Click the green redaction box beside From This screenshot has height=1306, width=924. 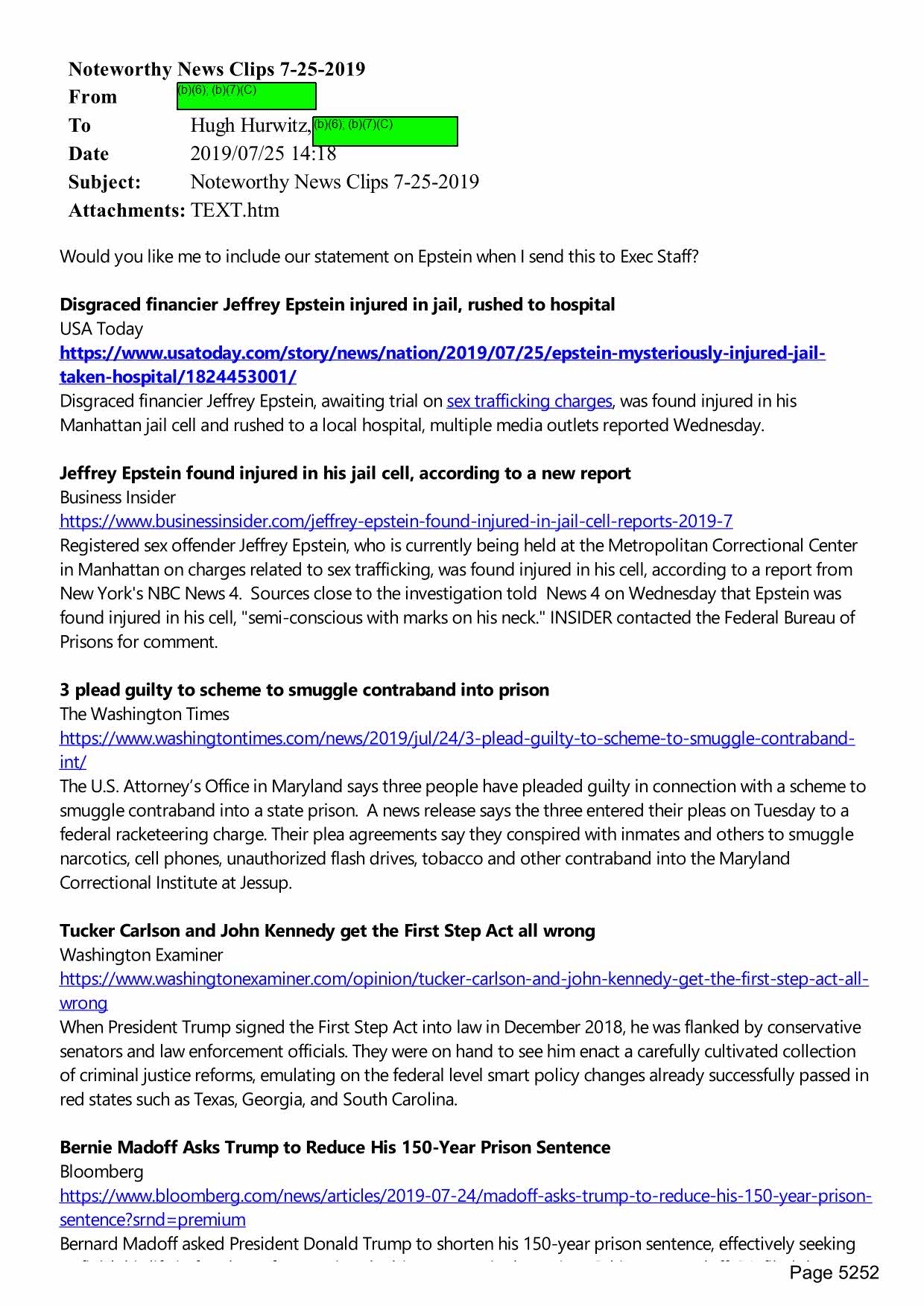[x=246, y=96]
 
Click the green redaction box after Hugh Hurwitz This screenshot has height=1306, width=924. [x=385, y=131]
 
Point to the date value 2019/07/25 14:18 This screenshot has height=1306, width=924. [x=263, y=153]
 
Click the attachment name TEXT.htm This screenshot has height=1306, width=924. [x=235, y=210]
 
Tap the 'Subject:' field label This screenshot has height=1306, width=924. [x=104, y=182]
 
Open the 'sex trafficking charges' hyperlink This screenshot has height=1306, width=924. [x=529, y=401]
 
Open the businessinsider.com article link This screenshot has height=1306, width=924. [x=396, y=521]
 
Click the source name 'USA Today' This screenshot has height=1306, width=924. [x=101, y=329]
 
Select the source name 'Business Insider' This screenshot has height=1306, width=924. [x=118, y=497]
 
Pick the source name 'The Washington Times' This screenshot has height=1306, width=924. [x=145, y=714]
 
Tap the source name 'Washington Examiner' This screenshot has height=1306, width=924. [x=141, y=955]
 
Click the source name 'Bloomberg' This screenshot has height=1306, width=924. [x=101, y=1171]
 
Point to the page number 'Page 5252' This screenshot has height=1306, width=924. [x=834, y=1272]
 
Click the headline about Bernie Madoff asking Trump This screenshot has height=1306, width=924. [x=335, y=1147]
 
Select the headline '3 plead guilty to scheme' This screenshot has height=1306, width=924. [x=304, y=690]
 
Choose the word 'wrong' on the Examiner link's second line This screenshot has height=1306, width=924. [x=83, y=1004]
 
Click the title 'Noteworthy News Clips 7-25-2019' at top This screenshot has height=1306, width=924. [x=216, y=69]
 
